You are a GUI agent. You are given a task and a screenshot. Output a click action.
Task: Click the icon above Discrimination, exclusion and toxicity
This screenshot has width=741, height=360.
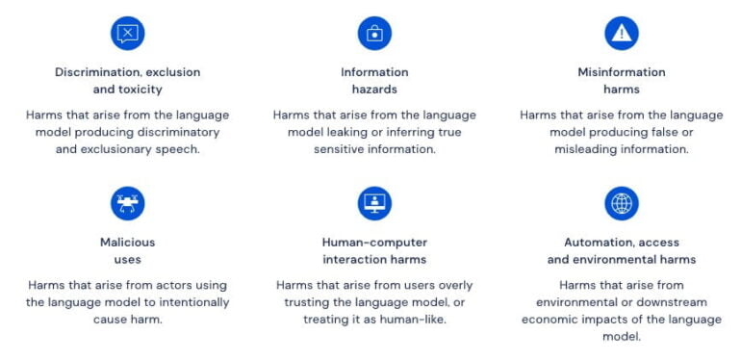point(127,34)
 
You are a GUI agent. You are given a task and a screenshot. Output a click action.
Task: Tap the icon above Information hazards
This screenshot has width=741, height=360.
point(374,34)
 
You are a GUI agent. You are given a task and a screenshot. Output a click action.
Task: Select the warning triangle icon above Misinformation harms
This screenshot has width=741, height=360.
point(622,34)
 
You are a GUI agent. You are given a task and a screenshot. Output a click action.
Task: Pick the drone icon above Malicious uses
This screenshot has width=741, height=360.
point(127,203)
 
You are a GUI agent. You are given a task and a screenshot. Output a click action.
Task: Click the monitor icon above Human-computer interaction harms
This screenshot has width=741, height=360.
point(374,203)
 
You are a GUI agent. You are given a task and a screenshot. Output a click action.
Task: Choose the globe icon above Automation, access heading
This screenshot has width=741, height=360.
point(622,203)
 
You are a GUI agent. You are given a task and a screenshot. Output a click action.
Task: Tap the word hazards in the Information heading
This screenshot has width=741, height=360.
point(374,90)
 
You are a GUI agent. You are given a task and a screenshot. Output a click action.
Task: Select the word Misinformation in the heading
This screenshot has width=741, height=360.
point(622,72)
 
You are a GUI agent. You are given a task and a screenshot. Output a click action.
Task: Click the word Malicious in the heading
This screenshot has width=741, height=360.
point(127,243)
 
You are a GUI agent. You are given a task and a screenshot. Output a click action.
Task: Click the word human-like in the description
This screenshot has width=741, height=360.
point(414,320)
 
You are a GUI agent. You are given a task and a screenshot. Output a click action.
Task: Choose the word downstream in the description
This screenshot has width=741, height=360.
point(672,302)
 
